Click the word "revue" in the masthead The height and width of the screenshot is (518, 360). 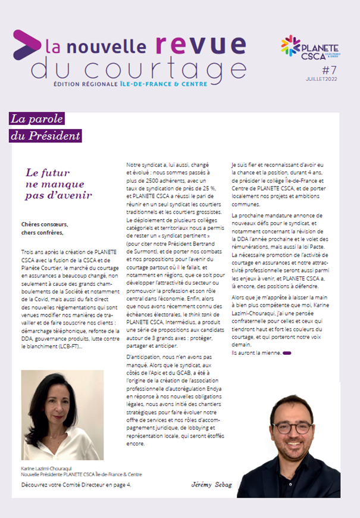tap(200, 45)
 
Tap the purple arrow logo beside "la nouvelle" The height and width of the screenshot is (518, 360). tap(27, 44)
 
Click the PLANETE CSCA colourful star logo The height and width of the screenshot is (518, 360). tap(291, 45)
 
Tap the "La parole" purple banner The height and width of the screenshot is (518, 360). tap(36, 118)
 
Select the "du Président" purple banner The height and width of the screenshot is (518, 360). tap(45, 136)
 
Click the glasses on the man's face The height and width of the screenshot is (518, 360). tap(292, 427)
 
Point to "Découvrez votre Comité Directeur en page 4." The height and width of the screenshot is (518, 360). tap(79, 485)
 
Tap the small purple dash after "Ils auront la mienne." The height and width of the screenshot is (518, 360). tap(287, 353)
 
